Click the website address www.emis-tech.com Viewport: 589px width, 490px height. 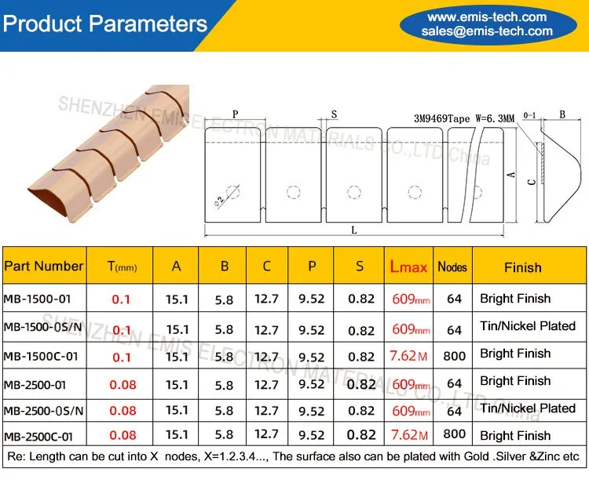tap(487, 17)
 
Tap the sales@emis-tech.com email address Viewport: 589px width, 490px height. tap(487, 31)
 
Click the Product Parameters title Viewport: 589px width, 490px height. tap(104, 24)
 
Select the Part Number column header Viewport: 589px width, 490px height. tap(43, 266)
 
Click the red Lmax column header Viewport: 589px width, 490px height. tap(408, 267)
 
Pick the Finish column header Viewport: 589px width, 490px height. tap(522, 267)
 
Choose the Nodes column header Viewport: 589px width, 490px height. tap(452, 267)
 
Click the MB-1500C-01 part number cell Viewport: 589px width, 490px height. tap(41, 356)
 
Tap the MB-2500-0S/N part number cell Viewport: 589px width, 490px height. tap(43, 411)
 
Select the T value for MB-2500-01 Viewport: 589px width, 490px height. tap(123, 385)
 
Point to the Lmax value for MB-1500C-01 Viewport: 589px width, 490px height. tap(408, 356)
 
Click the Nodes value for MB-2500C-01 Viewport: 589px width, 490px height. tap(455, 434)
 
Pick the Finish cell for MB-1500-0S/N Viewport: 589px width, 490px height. tap(528, 326)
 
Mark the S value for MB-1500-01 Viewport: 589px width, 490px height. tap(361, 299)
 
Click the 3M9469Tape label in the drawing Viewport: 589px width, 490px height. tap(441, 119)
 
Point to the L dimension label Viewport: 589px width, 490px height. tap(354, 230)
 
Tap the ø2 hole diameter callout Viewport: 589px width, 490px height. tap(219, 201)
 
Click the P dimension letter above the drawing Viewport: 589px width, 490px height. tap(235, 114)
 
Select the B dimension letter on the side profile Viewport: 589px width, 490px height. tap(562, 114)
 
